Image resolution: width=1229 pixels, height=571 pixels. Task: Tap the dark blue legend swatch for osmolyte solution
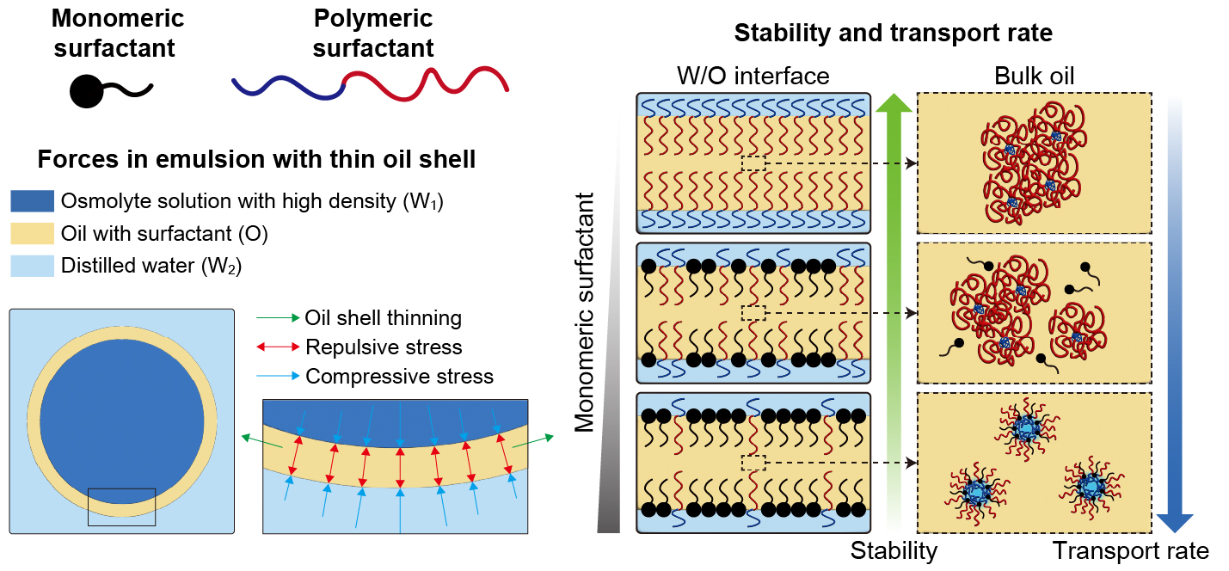[32, 201]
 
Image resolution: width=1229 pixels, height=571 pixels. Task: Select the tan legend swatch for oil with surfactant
[32, 233]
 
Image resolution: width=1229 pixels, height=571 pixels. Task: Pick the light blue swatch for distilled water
[32, 266]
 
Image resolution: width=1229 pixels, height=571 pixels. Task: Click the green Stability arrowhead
[894, 105]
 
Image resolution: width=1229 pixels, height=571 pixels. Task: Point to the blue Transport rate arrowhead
[1174, 520]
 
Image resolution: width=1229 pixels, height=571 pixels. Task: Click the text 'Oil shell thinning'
[383, 318]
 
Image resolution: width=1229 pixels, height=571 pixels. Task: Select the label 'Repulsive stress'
[384, 347]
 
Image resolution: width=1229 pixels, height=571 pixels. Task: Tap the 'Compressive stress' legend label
[399, 377]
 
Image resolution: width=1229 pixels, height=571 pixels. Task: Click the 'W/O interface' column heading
[754, 77]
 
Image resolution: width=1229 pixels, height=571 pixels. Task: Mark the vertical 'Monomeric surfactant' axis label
[585, 311]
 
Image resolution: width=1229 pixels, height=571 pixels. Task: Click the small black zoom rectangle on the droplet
[121, 507]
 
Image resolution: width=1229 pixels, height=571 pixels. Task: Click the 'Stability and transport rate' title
[893, 34]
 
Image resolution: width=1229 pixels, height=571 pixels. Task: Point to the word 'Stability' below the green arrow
[894, 550]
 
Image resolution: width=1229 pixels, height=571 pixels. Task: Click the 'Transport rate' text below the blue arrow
[1130, 550]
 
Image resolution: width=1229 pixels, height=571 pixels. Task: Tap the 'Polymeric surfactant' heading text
[373, 33]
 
